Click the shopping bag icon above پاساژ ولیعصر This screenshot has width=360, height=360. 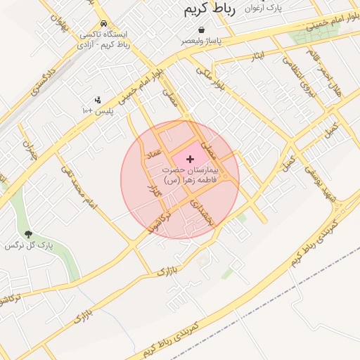[202, 30]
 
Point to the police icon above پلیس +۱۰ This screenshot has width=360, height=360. [97, 100]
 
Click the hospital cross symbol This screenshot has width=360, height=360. [191, 160]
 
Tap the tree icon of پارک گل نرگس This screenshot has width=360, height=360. [28, 234]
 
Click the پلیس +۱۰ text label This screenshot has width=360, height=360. [98, 111]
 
